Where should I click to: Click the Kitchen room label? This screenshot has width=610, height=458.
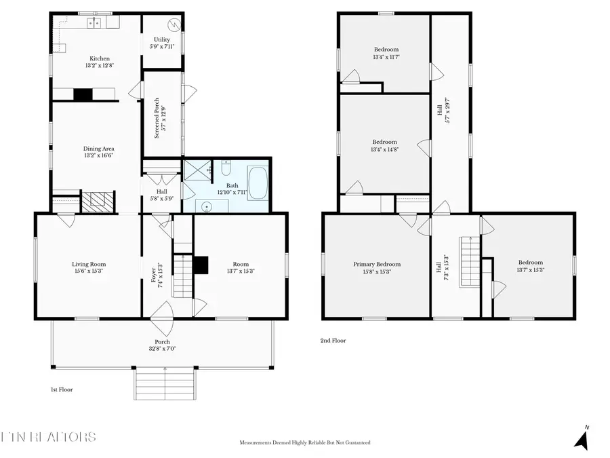click(x=96, y=59)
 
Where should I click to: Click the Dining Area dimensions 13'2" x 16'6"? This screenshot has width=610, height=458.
click(x=98, y=155)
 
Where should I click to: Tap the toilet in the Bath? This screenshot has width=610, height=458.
click(x=227, y=168)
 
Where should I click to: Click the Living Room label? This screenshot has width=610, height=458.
click(x=89, y=264)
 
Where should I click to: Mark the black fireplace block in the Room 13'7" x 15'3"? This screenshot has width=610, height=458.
click(x=201, y=265)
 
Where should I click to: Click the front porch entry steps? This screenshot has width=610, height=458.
click(x=165, y=385)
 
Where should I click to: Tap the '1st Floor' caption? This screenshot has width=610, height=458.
click(x=62, y=389)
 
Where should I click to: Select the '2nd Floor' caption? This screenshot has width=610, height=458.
click(x=333, y=341)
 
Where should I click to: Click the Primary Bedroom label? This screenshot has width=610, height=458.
click(x=376, y=264)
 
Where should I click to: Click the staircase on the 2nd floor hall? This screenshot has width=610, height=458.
click(x=470, y=261)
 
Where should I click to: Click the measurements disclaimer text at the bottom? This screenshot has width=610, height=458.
click(x=305, y=442)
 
